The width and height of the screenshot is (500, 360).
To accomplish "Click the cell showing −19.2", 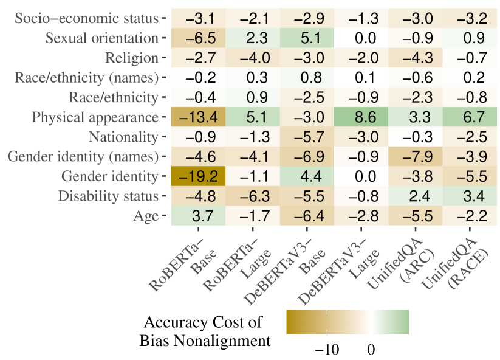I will [198, 176].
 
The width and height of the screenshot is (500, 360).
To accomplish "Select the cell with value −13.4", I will [198, 117].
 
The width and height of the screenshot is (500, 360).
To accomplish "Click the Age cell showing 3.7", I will [198, 216].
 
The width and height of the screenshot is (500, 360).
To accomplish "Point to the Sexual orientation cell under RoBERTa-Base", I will [198, 38].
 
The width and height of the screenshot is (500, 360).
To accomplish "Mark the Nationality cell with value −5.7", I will [307, 137].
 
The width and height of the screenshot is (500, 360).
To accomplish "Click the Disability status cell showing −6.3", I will [252, 196].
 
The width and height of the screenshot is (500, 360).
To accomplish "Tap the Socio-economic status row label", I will [86, 18].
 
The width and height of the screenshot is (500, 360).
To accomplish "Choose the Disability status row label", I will [108, 196].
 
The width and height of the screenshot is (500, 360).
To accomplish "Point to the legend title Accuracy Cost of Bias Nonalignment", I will [204, 331].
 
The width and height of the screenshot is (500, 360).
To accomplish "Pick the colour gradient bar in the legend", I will [348, 322].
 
